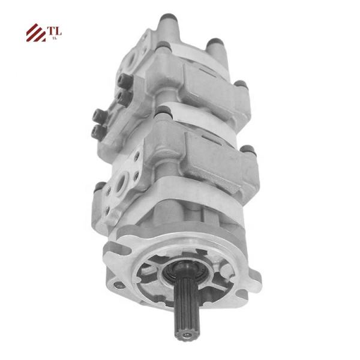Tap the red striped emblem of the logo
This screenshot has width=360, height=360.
[x=36, y=32]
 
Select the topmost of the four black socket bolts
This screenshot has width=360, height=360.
[x=125, y=82]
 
